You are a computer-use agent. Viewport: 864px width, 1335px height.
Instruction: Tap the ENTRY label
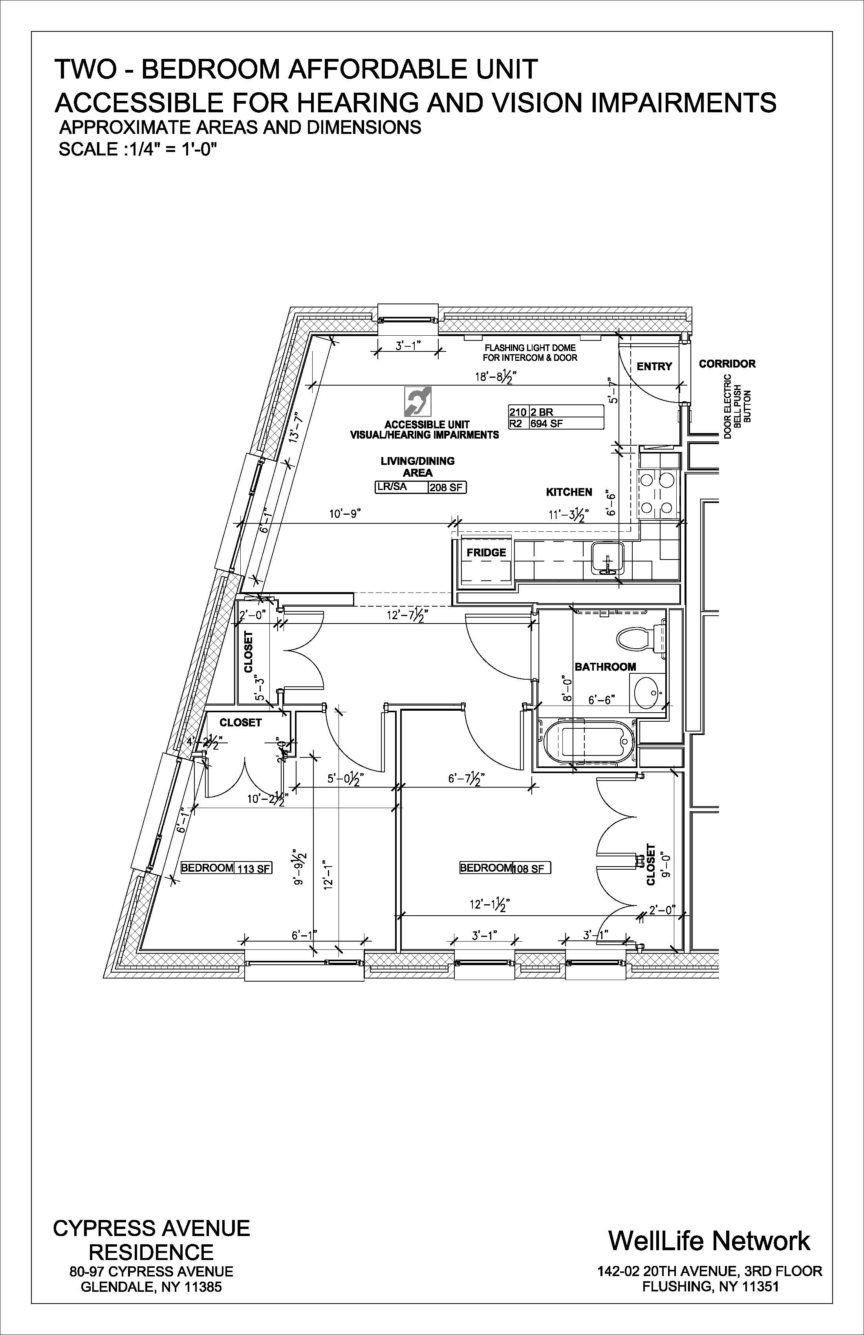pos(654,366)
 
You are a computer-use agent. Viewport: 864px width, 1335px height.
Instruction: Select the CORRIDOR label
pos(727,364)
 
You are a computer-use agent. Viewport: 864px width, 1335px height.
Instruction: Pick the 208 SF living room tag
pos(447,487)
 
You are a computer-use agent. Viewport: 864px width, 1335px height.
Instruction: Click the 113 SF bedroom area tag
pos(254,869)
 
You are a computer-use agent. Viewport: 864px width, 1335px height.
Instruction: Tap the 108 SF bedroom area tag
pos(529,869)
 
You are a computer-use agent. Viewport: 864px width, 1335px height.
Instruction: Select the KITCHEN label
pos(569,492)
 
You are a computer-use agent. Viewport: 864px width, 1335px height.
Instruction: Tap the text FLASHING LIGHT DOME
pos(530,348)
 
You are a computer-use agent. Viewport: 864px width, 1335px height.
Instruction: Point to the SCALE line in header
pos(137,150)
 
